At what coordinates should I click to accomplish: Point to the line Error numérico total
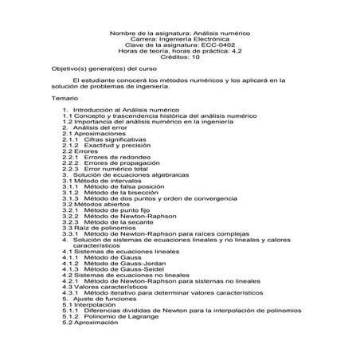tap(115, 170)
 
